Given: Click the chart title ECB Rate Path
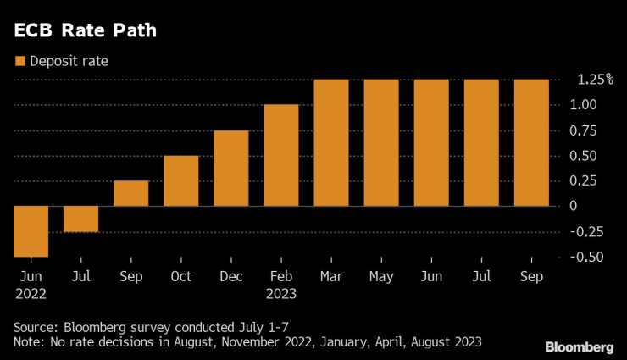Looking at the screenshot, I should [x=85, y=31].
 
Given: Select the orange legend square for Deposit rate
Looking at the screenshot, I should [x=19, y=60].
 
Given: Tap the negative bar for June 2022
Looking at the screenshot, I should [x=31, y=230].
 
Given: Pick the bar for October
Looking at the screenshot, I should [x=180, y=180].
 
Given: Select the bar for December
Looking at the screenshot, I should [x=230, y=168].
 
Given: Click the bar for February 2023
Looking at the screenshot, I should [x=280, y=155].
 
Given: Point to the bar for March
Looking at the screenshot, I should [x=330, y=142].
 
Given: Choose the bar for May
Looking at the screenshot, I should [x=381, y=142].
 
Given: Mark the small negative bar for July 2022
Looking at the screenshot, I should [x=80, y=219].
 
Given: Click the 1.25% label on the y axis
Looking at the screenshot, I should [x=595, y=80].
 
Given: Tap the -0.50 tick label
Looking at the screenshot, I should [x=585, y=257].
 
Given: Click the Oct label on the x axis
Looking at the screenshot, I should [x=180, y=276].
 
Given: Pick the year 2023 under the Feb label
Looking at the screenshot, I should [x=280, y=294].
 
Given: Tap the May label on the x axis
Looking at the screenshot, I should [x=381, y=276].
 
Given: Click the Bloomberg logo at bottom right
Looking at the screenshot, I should [x=580, y=346].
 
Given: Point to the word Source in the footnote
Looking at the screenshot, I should [x=35, y=325].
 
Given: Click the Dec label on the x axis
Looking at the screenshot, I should [x=230, y=276].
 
